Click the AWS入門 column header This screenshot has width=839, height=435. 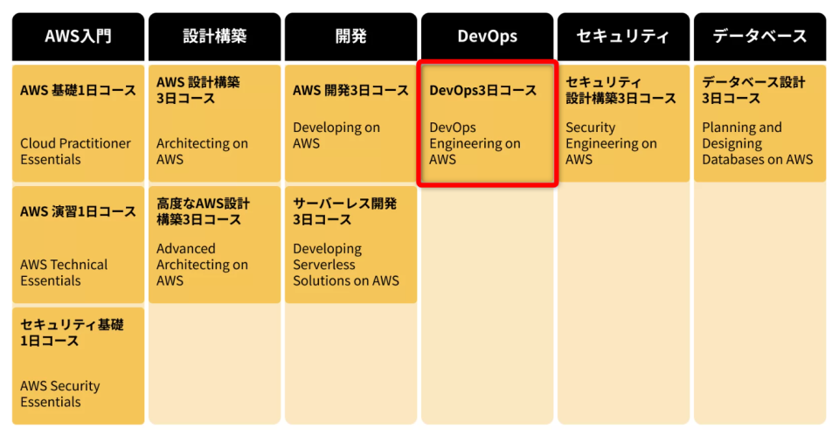[x=78, y=37]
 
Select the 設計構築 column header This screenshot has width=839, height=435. [x=214, y=37]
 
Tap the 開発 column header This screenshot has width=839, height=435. [x=350, y=37]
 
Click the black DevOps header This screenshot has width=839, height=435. [x=487, y=37]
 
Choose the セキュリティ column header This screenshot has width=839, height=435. [x=623, y=37]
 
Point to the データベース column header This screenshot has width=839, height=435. [x=759, y=37]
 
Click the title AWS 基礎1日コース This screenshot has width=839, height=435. [x=78, y=90]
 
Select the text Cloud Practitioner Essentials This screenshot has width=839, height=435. [x=75, y=151]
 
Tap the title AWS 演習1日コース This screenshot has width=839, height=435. [x=78, y=211]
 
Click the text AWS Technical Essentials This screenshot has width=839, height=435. [x=64, y=273]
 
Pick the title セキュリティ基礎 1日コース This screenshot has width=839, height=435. [x=72, y=333]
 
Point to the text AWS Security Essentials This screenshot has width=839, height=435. [x=60, y=394]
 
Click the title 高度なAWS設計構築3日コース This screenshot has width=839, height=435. [x=203, y=211]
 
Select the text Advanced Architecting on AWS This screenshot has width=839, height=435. [x=202, y=265]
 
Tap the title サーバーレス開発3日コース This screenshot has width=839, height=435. [x=344, y=211]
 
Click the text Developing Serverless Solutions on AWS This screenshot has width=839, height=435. [x=345, y=265]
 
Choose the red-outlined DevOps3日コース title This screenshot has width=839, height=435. [x=482, y=90]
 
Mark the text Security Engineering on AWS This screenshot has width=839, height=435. [x=611, y=143]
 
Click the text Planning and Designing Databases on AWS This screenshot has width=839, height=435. [x=757, y=143]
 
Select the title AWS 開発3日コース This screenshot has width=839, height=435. [x=350, y=90]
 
